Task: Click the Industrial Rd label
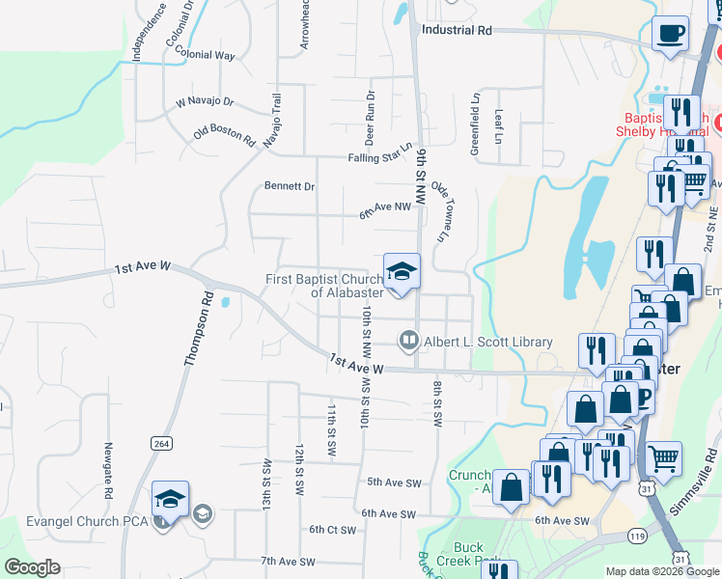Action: [457, 30]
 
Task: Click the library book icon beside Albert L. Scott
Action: [409, 341]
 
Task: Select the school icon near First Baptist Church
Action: [402, 270]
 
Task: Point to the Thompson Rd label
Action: [197, 329]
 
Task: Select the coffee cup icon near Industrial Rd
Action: [669, 34]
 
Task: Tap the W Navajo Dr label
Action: [205, 101]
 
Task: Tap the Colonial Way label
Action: [206, 55]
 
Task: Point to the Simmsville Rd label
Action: [697, 482]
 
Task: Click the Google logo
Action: [32, 567]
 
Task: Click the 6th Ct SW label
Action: [333, 529]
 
